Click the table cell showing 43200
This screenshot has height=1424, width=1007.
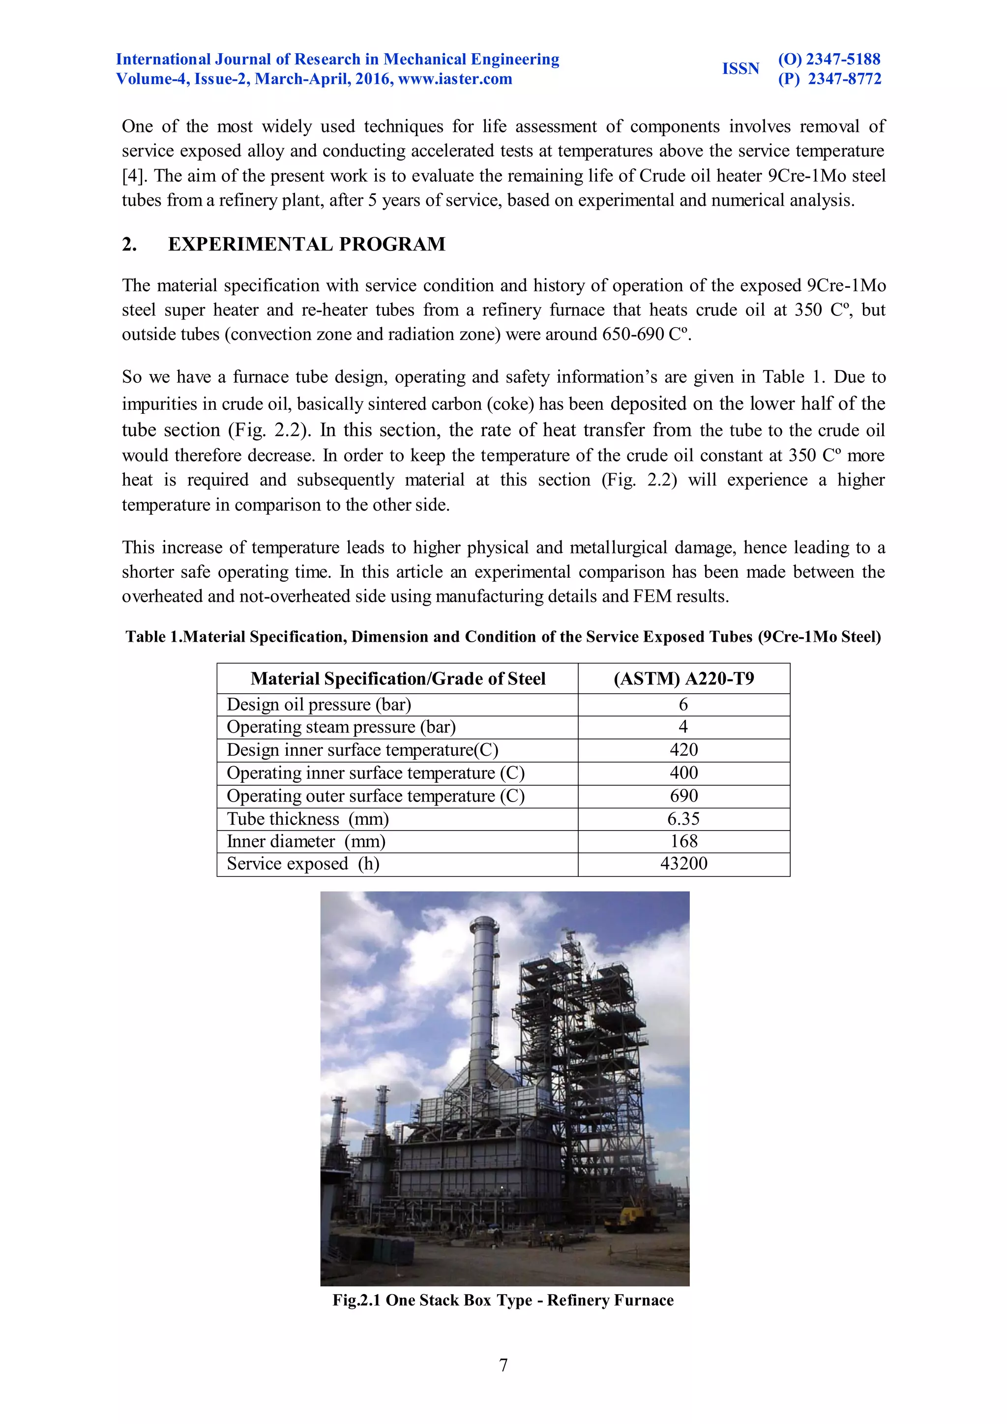click(x=683, y=864)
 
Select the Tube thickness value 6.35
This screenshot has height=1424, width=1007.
click(x=683, y=819)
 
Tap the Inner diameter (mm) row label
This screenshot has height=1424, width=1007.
click(x=306, y=841)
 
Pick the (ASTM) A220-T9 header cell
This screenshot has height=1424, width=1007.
click(x=683, y=678)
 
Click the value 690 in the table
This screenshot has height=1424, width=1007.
click(x=683, y=796)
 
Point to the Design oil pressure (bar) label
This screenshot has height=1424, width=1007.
click(x=319, y=705)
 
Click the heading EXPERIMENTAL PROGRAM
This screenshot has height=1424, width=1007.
click(x=306, y=244)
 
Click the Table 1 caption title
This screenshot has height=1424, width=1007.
click(x=503, y=637)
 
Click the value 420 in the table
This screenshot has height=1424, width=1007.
click(x=683, y=750)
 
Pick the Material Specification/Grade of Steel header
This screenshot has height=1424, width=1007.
click(x=397, y=678)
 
